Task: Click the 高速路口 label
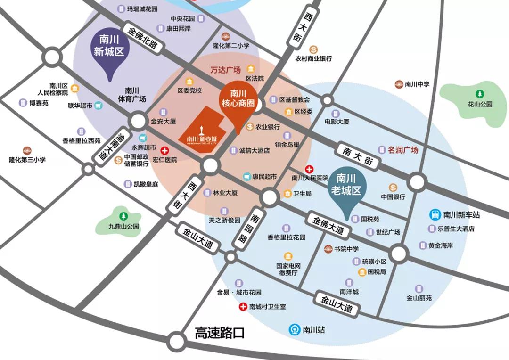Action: point(220,333)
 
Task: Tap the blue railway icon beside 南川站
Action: point(295,329)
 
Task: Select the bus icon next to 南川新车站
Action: point(435,215)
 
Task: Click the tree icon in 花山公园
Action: point(479,94)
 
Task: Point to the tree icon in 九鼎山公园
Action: point(123,216)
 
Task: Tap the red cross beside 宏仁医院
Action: point(164,151)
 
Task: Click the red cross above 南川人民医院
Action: point(309,169)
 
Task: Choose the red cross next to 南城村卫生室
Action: point(243,307)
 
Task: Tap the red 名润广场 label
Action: point(403,150)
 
